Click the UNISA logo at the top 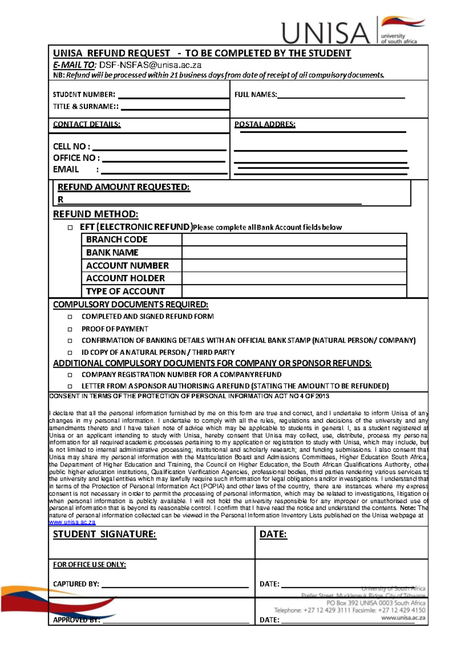(x=353, y=31)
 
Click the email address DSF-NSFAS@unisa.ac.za (x=150, y=65)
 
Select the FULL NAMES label (x=255, y=95)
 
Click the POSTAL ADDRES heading (x=264, y=124)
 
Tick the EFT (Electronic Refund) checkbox (x=70, y=227)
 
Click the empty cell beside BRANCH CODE (x=294, y=240)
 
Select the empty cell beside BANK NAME (x=294, y=253)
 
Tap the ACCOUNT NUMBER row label (x=127, y=266)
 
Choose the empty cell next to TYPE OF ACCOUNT (x=294, y=291)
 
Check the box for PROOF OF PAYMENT (x=70, y=329)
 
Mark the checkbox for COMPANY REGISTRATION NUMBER (x=70, y=375)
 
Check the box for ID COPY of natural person (x=70, y=352)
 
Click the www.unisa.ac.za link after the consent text (x=72, y=523)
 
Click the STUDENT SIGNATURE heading (x=104, y=534)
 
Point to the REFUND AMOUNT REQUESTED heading (x=124, y=187)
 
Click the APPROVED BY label (x=76, y=620)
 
